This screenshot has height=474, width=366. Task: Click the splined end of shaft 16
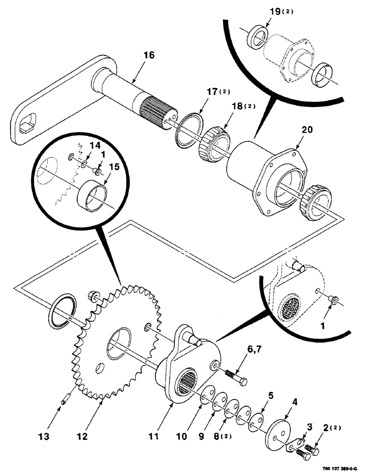(157, 112)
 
